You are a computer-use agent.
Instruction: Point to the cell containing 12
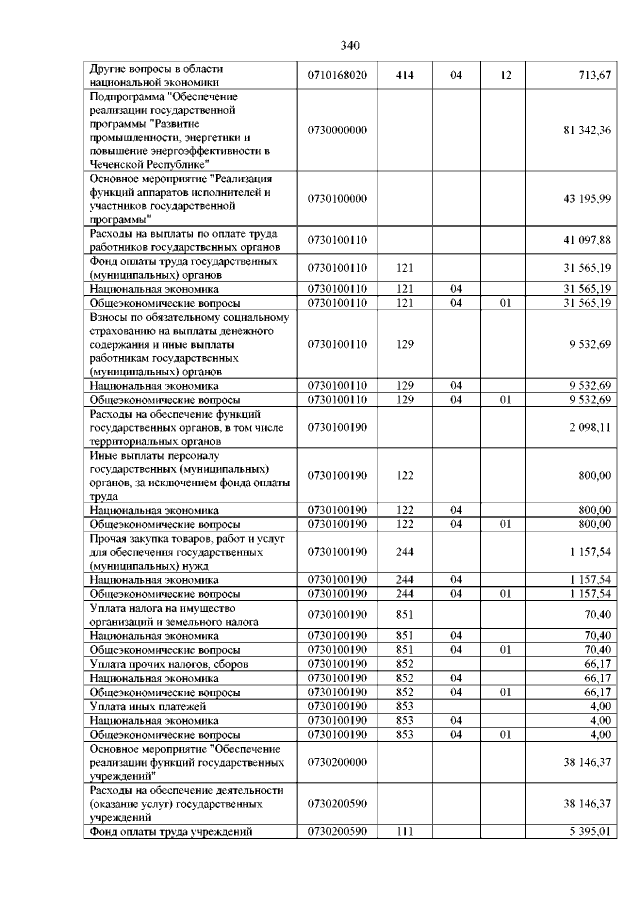point(505,75)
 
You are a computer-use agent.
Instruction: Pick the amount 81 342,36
point(587,130)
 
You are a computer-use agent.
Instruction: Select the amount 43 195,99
point(587,199)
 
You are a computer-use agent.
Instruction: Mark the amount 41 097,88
point(587,240)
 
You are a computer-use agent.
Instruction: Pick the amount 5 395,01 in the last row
point(589,830)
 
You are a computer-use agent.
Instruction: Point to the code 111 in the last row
point(405,830)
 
